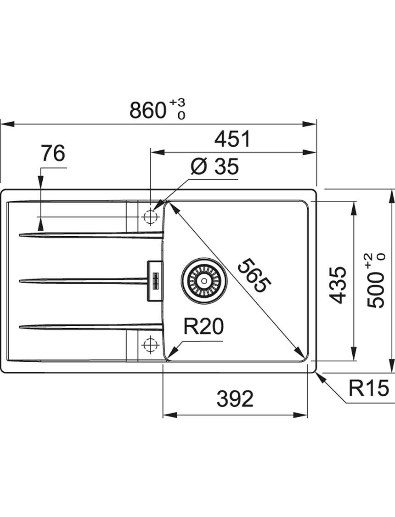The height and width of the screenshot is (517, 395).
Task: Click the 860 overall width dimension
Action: [x=147, y=110]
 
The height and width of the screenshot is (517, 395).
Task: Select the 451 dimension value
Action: [x=232, y=139]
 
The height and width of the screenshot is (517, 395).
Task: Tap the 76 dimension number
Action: [x=53, y=153]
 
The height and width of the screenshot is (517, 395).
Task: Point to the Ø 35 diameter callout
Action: [x=214, y=166]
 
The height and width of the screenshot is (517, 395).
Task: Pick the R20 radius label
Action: [x=203, y=326]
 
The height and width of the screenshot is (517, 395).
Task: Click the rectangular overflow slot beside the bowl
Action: [x=154, y=280]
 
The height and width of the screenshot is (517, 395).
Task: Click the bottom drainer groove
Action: [x=91, y=326]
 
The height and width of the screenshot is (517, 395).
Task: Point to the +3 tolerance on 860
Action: [x=178, y=103]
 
